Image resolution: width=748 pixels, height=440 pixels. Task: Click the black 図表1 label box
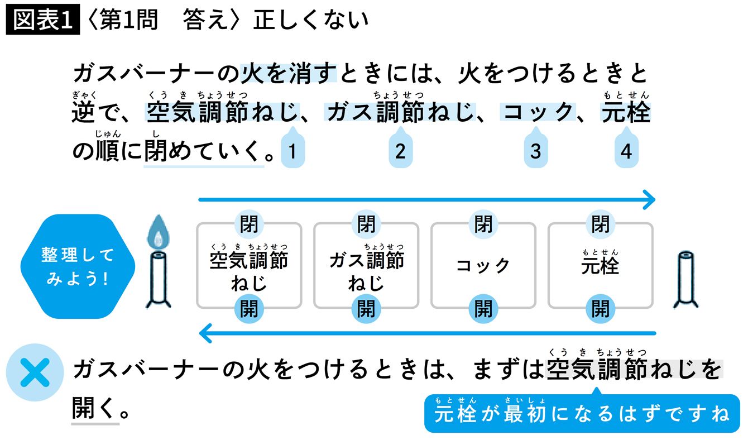pyautogui.click(x=43, y=20)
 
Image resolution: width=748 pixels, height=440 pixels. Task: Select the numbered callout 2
pyautogui.click(x=400, y=151)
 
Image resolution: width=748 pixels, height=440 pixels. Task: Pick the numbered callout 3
pyautogui.click(x=535, y=151)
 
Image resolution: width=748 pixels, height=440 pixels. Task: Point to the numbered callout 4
pyautogui.click(x=626, y=151)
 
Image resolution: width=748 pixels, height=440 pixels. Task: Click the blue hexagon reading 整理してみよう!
pyautogui.click(x=78, y=266)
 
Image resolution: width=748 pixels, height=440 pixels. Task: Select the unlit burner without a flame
pyautogui.click(x=686, y=280)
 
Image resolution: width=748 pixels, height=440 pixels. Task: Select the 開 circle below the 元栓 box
pyautogui.click(x=601, y=308)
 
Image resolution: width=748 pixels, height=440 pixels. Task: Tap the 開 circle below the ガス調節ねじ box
pyautogui.click(x=366, y=308)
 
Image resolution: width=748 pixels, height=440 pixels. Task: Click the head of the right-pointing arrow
pyautogui.click(x=649, y=199)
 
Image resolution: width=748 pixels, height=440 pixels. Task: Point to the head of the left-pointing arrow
pyautogui.click(x=205, y=334)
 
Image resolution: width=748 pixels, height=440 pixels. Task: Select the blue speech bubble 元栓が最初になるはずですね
pyautogui.click(x=582, y=414)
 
